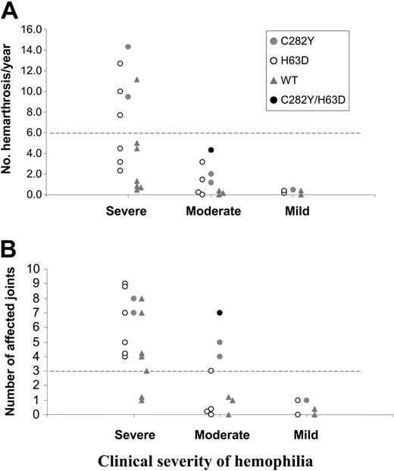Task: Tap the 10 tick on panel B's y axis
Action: (33, 269)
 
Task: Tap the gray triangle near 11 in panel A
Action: (137, 80)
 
